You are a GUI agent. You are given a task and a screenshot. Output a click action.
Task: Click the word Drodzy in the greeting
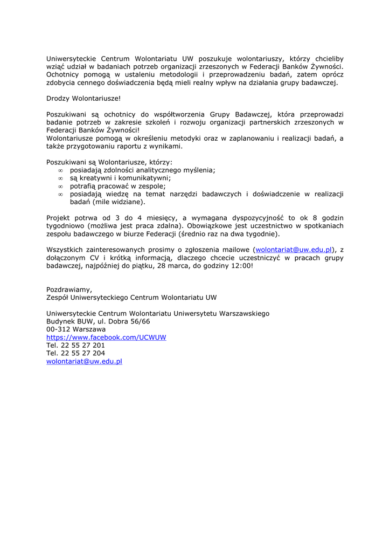(x=58, y=99)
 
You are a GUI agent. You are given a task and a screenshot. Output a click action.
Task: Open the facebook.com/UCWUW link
(x=106, y=337)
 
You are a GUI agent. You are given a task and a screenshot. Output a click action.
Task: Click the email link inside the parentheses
(x=294, y=250)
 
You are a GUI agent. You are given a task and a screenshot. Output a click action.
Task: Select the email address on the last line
(x=84, y=362)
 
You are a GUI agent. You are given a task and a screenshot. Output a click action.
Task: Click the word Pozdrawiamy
(x=69, y=289)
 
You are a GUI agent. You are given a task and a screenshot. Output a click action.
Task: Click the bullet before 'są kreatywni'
(x=61, y=178)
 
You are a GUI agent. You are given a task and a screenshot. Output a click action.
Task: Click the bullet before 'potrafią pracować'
(x=61, y=187)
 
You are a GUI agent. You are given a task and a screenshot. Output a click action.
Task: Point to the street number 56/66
(x=139, y=321)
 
